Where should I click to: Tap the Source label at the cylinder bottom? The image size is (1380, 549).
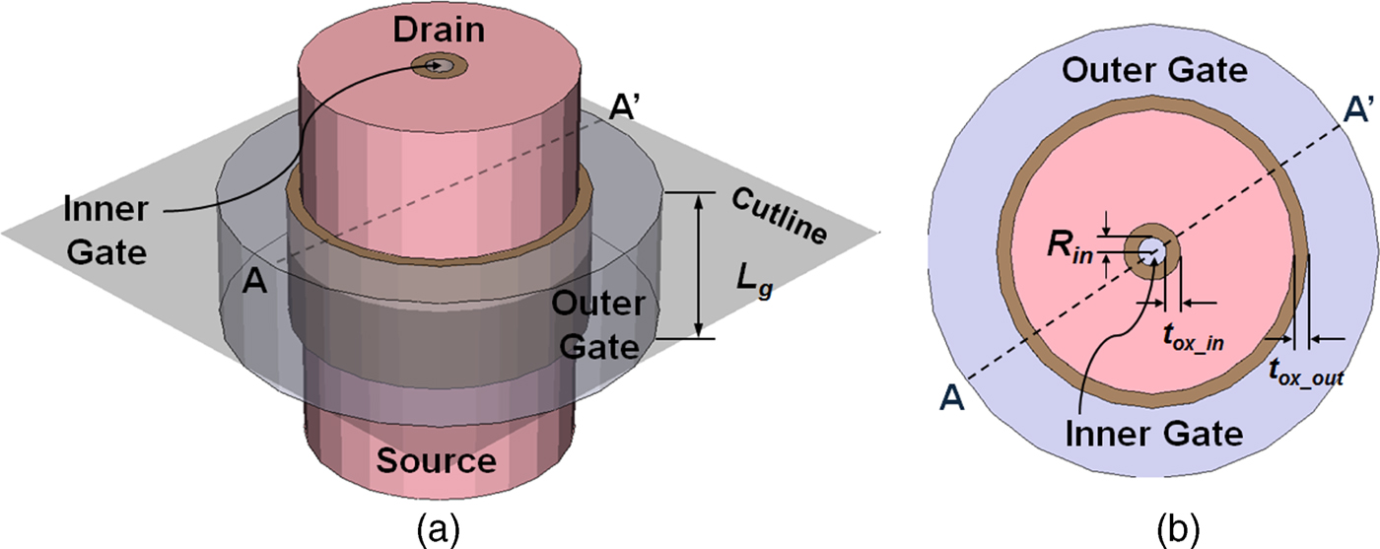(440, 460)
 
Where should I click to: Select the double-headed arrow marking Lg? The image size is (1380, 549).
(698, 265)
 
